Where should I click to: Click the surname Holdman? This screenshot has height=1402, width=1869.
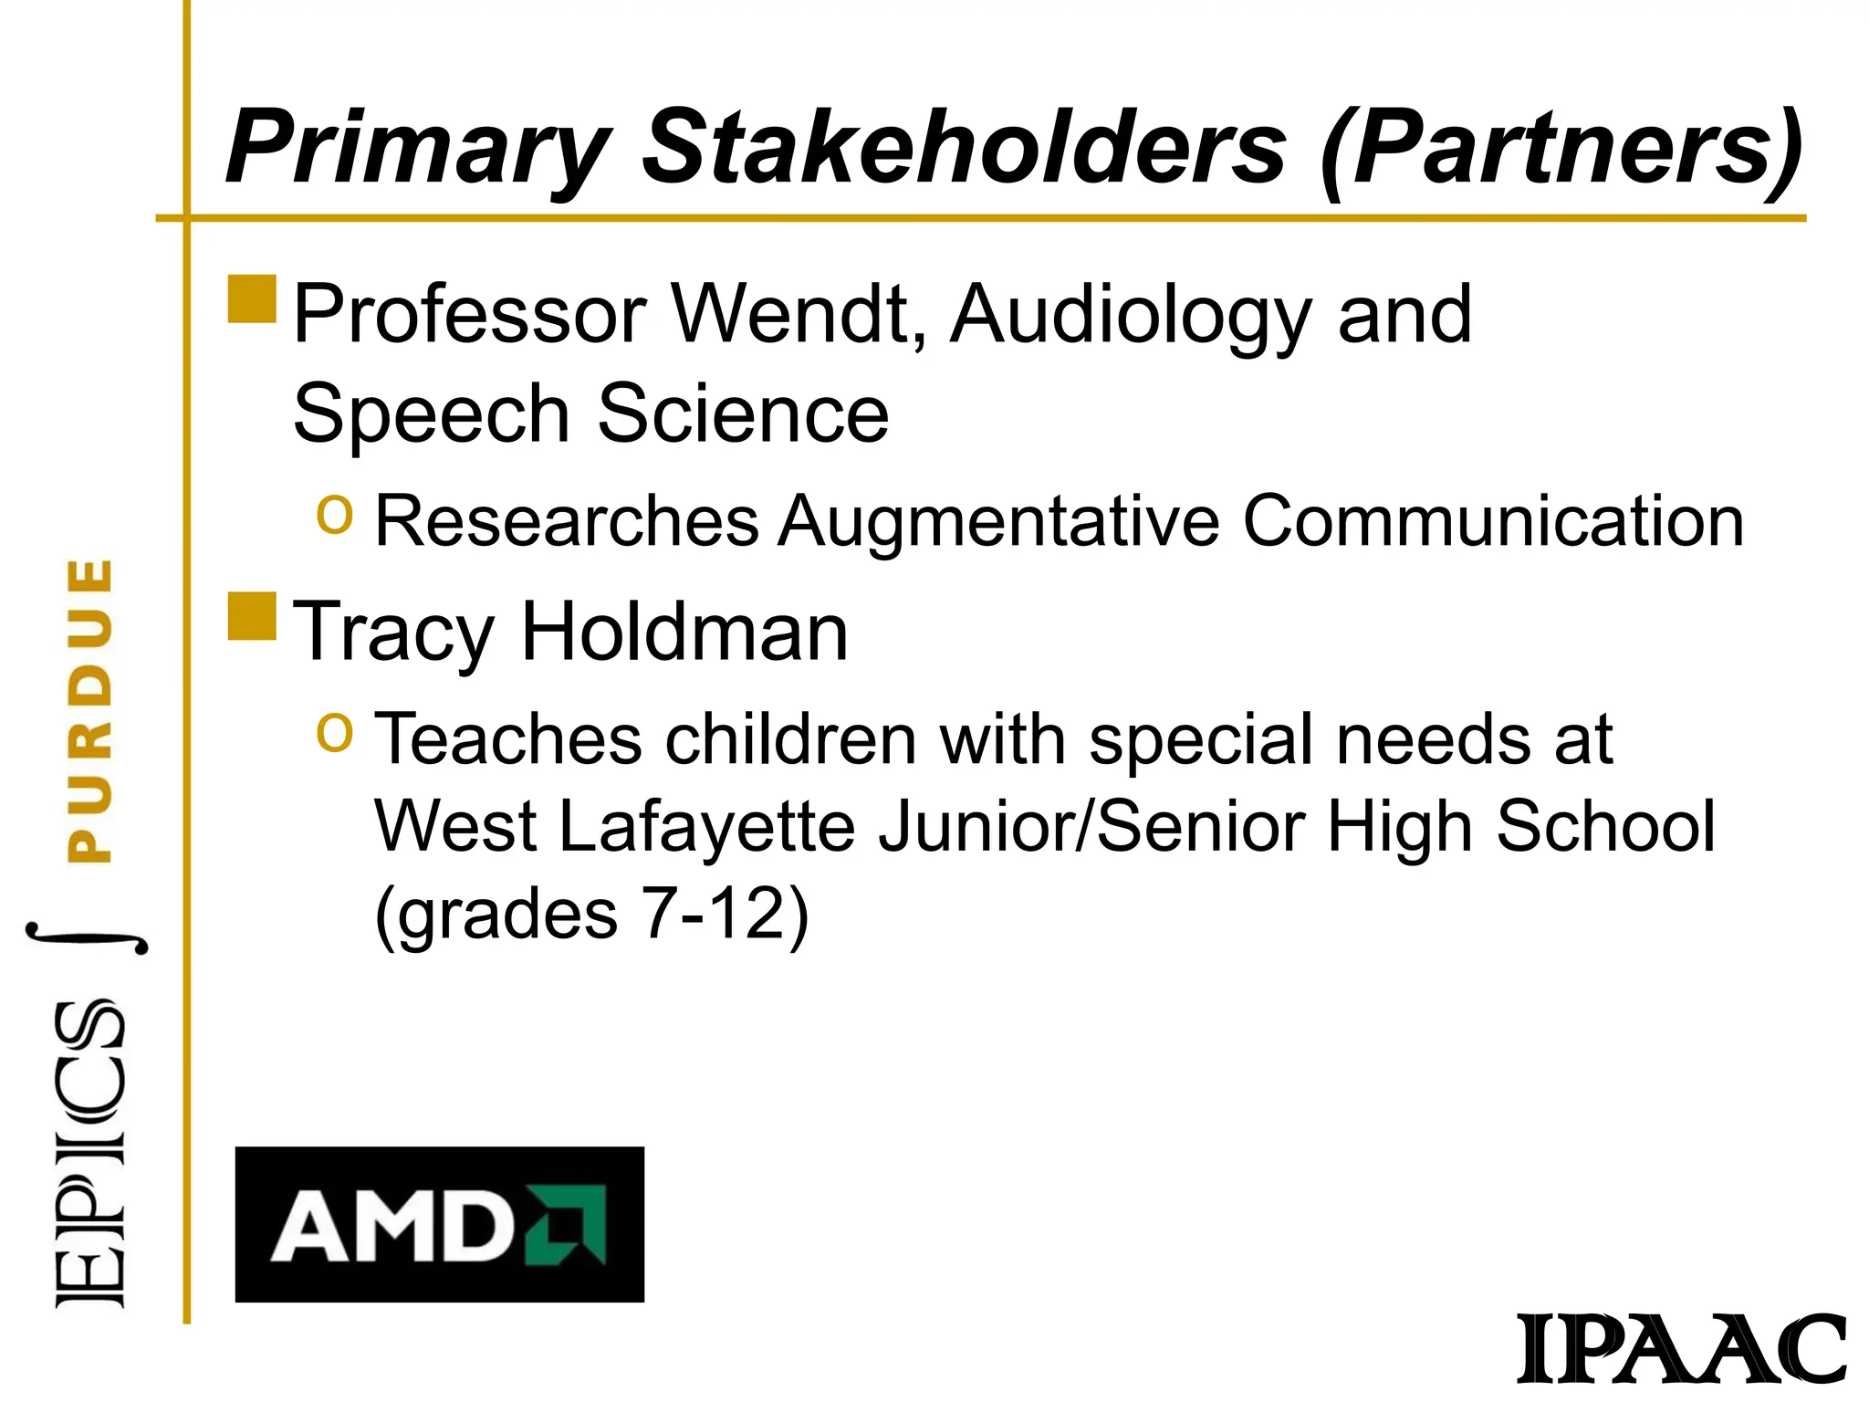(684, 632)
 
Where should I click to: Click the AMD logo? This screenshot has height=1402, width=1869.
(439, 1224)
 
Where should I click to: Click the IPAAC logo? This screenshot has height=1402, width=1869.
(1682, 1349)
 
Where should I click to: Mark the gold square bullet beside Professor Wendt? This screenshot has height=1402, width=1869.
(252, 299)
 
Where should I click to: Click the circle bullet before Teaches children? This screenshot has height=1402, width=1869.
(334, 732)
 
